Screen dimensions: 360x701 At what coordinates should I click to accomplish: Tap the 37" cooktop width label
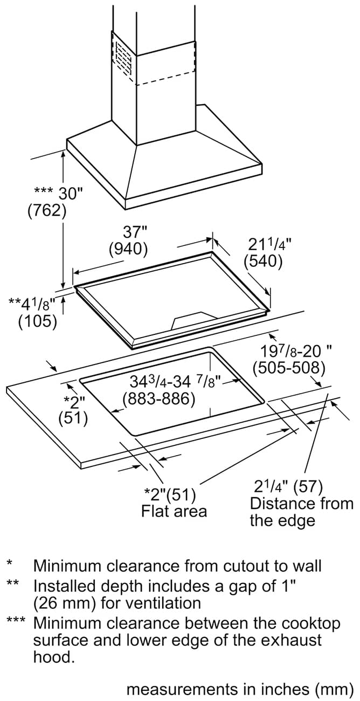point(135,232)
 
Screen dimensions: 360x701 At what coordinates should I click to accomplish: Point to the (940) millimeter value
point(128,249)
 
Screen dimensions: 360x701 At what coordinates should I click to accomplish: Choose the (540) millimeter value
point(263,262)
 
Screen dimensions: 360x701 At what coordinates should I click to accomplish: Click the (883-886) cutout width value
point(159,398)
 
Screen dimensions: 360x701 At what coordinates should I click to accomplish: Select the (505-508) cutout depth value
point(289,368)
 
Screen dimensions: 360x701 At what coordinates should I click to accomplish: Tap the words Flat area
point(174,511)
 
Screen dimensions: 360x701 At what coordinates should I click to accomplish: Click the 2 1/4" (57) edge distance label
point(288,486)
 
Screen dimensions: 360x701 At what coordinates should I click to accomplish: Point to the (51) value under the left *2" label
point(73,418)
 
